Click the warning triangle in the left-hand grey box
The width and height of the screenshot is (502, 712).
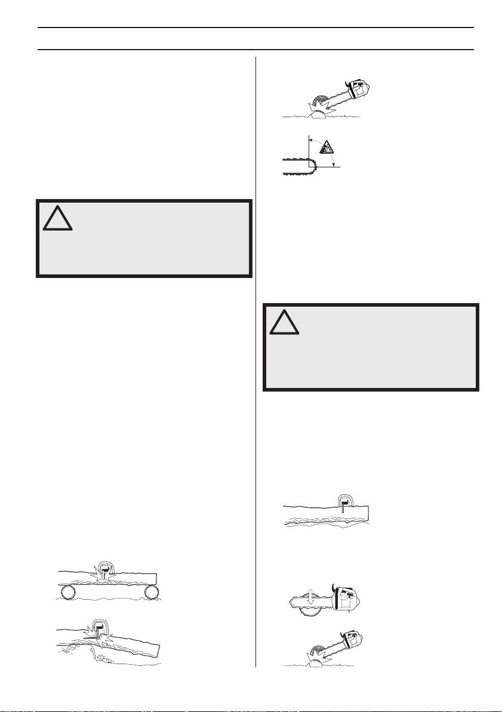pos(58,219)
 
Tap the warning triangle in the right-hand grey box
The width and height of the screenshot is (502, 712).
pos(284,322)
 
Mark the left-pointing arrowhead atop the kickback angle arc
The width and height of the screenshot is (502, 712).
pos(312,138)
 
